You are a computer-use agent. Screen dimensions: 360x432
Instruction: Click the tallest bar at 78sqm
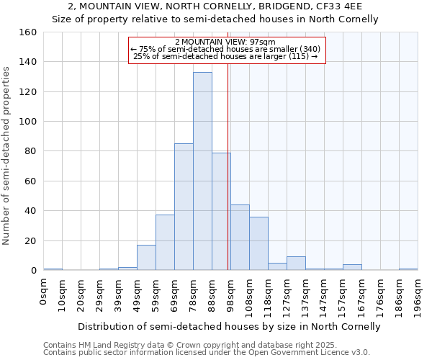pyautogui.click(x=202, y=171)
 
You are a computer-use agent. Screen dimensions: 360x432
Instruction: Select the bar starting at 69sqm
pyautogui.click(x=184, y=207)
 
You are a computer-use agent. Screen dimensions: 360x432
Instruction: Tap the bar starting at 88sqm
pyautogui.click(x=221, y=212)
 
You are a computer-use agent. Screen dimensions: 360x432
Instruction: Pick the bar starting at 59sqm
pyautogui.click(x=165, y=243)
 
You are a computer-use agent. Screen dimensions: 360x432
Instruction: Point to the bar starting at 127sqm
pyautogui.click(x=296, y=264)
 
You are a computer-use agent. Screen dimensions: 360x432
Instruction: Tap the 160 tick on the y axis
pyautogui.click(x=28, y=32)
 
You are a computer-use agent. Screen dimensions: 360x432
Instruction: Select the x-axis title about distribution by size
pyautogui.click(x=229, y=326)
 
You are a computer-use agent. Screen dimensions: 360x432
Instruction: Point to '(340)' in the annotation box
pyautogui.click(x=306, y=49)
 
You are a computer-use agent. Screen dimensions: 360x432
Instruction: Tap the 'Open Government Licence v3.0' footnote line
pyautogui.click(x=207, y=353)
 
